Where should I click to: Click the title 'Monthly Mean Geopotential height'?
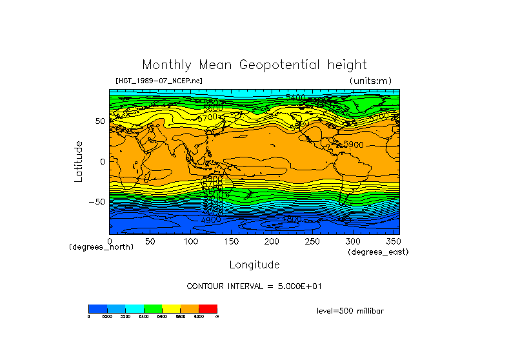coord(254,65)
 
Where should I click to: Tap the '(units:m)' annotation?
coord(370,81)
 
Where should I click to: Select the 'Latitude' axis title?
coord(79,161)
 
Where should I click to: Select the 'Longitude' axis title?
coord(254,265)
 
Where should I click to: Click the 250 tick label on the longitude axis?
coord(312,241)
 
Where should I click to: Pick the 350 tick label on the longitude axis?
coord(392,241)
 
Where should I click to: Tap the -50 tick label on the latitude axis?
coord(96,201)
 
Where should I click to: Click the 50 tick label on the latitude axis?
coord(100,121)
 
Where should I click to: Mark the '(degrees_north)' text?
coord(101,247)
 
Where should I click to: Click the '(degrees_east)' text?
coord(378,252)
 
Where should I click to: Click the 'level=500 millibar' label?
coord(350,310)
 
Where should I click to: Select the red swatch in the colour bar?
coord(208,308)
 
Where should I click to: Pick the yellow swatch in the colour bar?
coord(171,308)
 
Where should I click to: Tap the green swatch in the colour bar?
coord(152,308)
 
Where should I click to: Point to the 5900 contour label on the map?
coord(354,145)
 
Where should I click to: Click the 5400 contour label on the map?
coord(296,97)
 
